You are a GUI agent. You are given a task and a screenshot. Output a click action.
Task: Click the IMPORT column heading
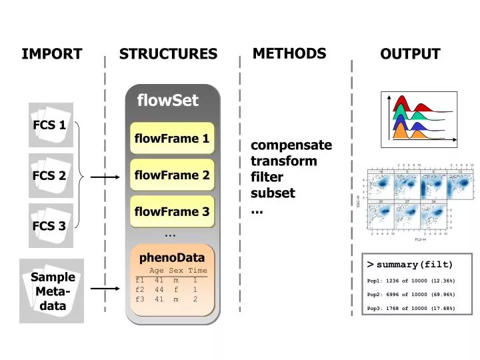[x=52, y=54]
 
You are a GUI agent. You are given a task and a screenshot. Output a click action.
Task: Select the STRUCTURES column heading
[x=168, y=54]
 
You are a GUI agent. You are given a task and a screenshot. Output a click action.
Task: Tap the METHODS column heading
[x=289, y=53]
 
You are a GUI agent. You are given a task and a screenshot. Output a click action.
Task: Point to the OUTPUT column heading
[x=410, y=54]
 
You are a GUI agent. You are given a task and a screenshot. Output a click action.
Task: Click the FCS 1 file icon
[x=51, y=125]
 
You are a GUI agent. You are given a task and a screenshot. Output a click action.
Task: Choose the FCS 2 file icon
[x=51, y=176]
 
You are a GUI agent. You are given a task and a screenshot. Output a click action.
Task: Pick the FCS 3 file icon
[x=51, y=225]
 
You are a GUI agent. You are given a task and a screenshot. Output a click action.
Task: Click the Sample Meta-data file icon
[x=52, y=291]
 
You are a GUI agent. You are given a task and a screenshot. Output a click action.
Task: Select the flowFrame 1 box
[x=172, y=139]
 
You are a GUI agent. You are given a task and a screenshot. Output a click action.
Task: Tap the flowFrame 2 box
[x=172, y=175]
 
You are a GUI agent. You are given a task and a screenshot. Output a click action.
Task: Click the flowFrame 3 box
[x=172, y=212]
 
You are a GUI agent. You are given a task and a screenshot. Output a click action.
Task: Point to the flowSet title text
[x=167, y=101]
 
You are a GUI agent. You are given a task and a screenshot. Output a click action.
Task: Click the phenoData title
[x=172, y=257]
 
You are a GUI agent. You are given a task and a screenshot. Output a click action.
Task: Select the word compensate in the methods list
[x=291, y=145]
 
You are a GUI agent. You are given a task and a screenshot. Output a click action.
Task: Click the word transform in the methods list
[x=283, y=161]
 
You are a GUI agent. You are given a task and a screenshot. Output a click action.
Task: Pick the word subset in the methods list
[x=273, y=193]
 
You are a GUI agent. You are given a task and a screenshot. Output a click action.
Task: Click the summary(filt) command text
[x=414, y=265]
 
